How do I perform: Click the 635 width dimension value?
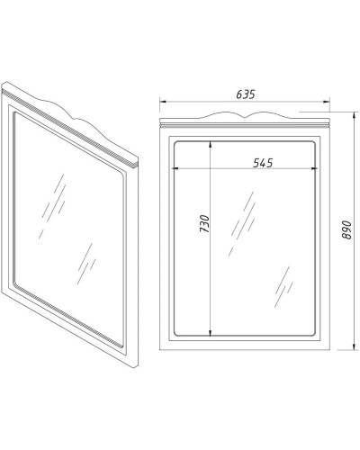pos(246,94)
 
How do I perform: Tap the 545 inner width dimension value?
pos(263,163)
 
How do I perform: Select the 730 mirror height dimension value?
pos(204,224)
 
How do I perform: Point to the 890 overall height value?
pos(346,230)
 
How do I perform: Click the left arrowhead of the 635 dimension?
pos(163,102)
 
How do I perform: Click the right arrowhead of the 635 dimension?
pos(327,102)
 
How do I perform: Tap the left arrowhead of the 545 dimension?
pos(175,168)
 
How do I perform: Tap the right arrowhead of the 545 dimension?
pos(314,168)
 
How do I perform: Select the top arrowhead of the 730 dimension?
pos(211,145)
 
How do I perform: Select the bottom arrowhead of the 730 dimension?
pos(211,332)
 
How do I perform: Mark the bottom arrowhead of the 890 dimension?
pos(355,346)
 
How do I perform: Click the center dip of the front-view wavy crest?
pos(246,116)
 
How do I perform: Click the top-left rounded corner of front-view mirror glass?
pos(177,144)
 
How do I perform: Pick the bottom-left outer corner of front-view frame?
pos(159,350)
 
